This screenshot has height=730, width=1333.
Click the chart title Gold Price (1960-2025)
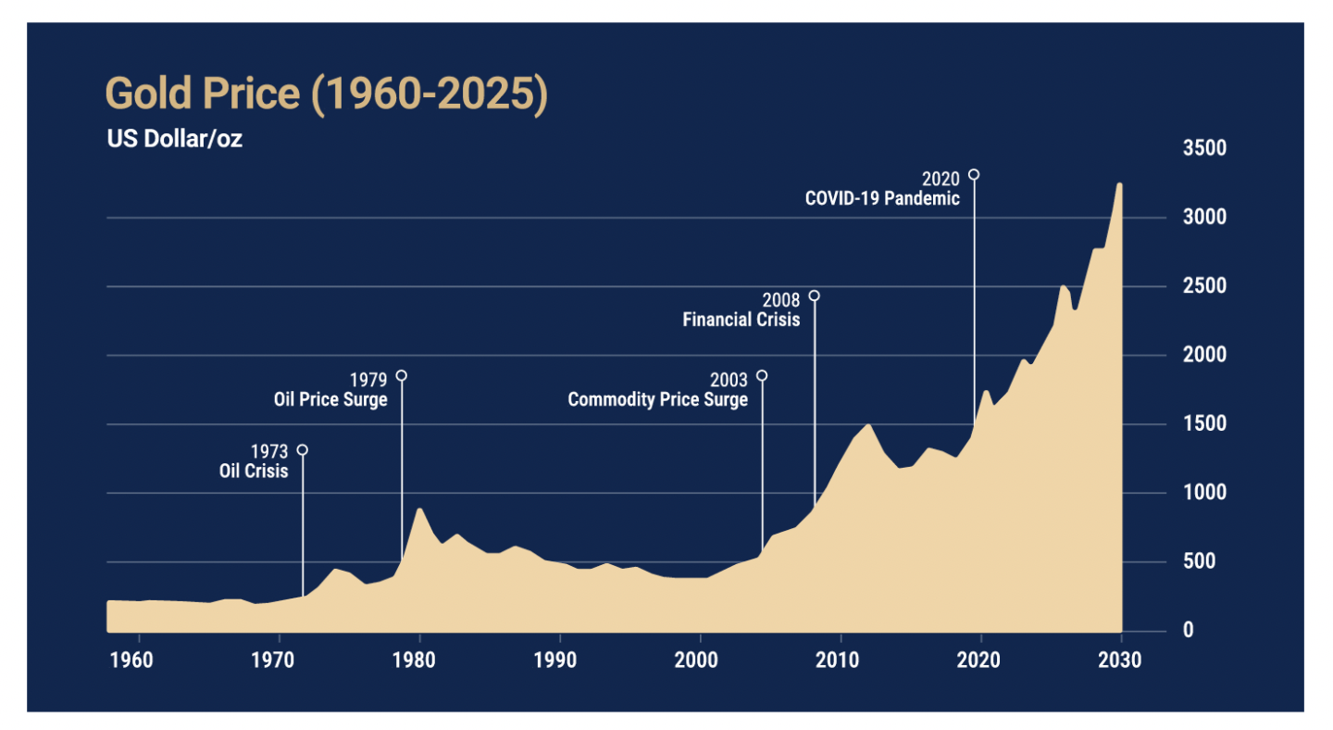[327, 95]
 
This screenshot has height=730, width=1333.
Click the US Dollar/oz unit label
[174, 141]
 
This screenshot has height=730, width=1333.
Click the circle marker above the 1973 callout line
[302, 450]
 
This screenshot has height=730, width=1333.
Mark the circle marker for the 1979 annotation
[401, 375]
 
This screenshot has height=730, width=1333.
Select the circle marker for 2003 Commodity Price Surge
[762, 375]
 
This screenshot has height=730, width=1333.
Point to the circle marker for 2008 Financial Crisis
[814, 296]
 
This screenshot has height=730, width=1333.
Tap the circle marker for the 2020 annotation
[974, 174]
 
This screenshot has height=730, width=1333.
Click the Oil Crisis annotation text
[254, 471]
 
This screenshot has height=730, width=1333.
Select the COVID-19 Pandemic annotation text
[882, 198]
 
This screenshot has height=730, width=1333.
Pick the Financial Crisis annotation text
[741, 321]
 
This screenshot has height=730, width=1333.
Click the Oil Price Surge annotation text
[330, 400]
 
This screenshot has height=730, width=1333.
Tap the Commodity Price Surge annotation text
[657, 400]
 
